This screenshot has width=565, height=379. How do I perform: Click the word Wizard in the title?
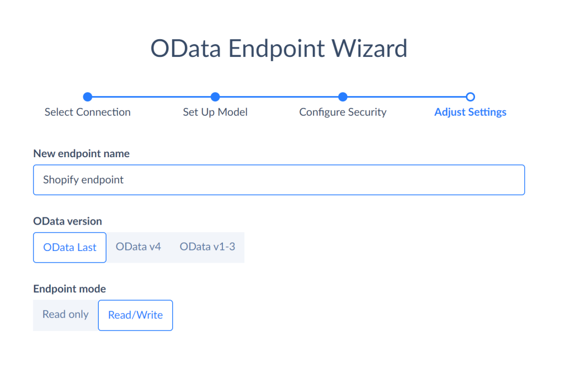tap(369, 49)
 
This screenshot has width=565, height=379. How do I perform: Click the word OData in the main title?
tap(185, 49)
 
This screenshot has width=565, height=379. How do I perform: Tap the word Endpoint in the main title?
tap(276, 49)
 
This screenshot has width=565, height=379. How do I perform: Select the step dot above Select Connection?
tap(88, 97)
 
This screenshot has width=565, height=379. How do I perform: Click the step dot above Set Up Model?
tap(215, 97)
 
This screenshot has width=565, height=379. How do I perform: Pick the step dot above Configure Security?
tap(343, 97)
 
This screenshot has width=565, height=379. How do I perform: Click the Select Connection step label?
tap(88, 112)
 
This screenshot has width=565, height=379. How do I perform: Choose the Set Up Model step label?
tap(215, 112)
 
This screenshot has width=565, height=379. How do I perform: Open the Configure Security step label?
tap(343, 112)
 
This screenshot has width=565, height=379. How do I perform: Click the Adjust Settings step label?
tap(470, 112)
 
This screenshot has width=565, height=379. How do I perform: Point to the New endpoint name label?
tap(82, 153)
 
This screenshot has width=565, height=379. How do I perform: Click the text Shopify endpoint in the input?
tap(83, 180)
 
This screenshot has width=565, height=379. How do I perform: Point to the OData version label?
tap(67, 221)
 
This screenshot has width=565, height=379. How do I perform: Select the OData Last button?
tap(70, 248)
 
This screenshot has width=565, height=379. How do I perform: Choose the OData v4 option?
tap(138, 247)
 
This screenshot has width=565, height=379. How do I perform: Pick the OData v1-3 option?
tap(207, 247)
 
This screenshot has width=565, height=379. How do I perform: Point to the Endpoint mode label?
tap(70, 289)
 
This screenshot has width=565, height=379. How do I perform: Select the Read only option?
tap(66, 314)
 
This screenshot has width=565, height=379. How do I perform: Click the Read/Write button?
tap(136, 315)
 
